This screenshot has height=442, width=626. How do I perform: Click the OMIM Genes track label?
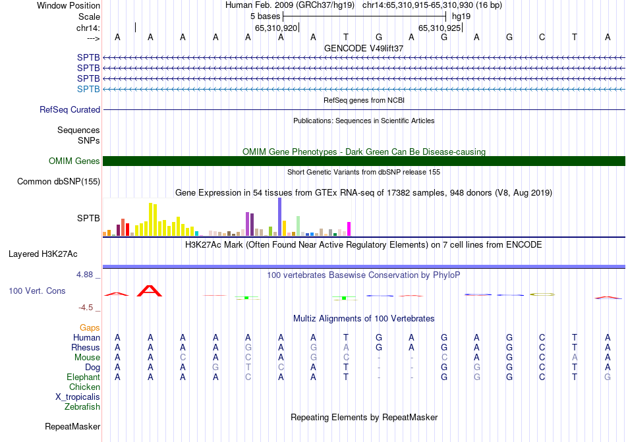coord(74,161)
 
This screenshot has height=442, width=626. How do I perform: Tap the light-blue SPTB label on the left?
coord(88,89)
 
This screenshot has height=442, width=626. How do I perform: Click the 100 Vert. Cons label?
coord(38,290)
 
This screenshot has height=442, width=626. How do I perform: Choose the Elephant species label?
coord(83,377)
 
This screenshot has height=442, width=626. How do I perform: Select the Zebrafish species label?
coord(82,407)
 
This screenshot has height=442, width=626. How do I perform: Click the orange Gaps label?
coord(90,327)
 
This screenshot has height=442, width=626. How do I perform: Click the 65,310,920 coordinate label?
coord(276,28)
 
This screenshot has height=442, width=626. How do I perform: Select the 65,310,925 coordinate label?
coord(440,28)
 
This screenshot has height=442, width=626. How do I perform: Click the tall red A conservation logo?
coord(150,291)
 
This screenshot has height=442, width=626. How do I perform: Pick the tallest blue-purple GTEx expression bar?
coord(279,217)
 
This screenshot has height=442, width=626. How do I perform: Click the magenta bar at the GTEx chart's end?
coord(349,229)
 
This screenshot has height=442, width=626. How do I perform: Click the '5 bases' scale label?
coord(266,16)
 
